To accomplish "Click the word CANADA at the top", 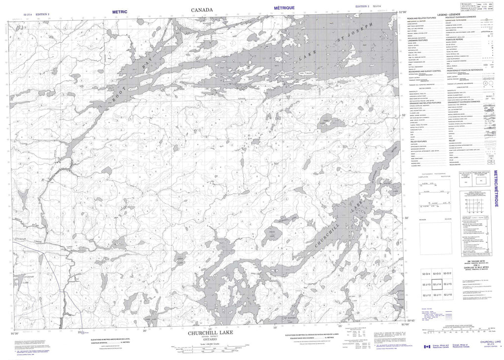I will click(x=202, y=9).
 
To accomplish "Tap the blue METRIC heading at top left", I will click(x=120, y=11).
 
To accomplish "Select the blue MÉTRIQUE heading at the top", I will click(x=284, y=8).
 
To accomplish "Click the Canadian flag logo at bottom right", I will click(x=426, y=347).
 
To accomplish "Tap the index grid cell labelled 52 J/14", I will click(x=437, y=284).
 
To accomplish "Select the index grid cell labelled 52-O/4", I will click(x=426, y=273).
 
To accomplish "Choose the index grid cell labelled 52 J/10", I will click(x=448, y=295).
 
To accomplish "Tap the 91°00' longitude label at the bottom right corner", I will click(x=406, y=324).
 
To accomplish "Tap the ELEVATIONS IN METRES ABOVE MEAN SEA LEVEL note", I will click(x=114, y=340).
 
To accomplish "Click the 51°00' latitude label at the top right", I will click(x=403, y=11).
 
